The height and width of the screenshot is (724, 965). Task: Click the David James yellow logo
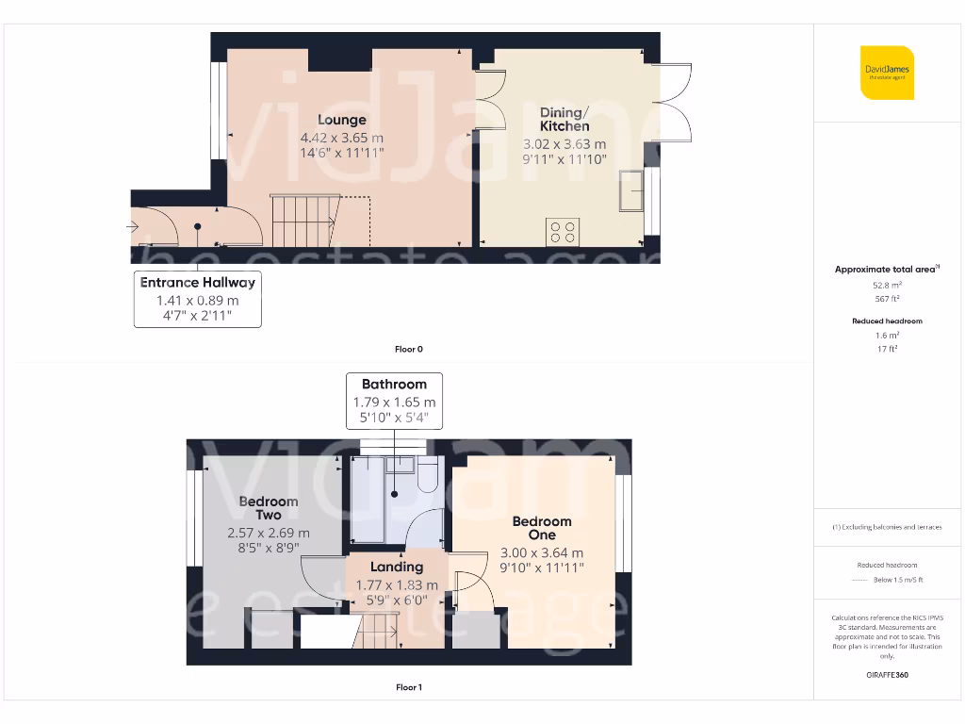(887, 73)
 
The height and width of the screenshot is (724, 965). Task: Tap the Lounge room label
(341, 120)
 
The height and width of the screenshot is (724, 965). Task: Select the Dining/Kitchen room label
(564, 120)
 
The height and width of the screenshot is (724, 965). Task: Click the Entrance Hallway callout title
(197, 282)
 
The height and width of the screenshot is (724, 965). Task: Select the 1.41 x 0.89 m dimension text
(197, 301)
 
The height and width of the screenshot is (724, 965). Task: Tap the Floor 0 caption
(408, 350)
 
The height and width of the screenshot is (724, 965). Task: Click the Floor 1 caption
(408, 687)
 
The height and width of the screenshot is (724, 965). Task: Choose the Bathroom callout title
(394, 384)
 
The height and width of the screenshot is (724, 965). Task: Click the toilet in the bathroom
(427, 477)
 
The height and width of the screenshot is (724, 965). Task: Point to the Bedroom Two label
(269, 508)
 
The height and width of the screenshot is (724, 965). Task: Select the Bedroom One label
(542, 528)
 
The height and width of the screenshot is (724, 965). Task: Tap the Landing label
(396, 567)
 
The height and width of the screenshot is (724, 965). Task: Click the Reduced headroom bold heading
(887, 321)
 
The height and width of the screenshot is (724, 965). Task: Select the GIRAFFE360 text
(887, 675)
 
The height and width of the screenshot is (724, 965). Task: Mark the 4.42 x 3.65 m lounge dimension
(341, 138)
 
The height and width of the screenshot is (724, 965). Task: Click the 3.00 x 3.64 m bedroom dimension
(542, 553)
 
